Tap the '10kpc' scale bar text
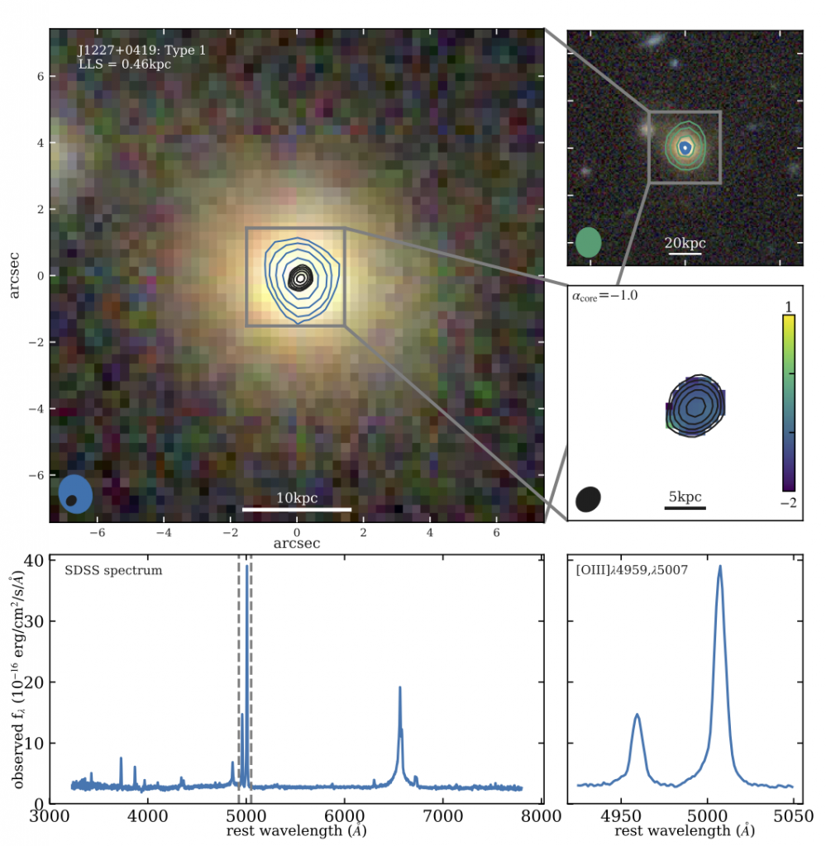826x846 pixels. tap(297, 498)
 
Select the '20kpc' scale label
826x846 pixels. tap(685, 244)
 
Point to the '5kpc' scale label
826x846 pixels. tap(685, 497)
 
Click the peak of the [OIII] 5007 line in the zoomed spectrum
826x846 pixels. tap(720, 567)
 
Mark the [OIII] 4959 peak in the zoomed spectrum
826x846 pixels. tap(637, 715)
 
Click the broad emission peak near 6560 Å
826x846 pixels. tap(400, 687)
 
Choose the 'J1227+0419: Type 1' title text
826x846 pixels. tap(141, 50)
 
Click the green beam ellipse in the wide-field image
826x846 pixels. tap(588, 242)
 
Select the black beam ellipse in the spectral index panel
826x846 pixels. tap(589, 499)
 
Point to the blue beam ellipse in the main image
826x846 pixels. tap(76, 493)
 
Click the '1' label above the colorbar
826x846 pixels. tap(789, 306)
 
